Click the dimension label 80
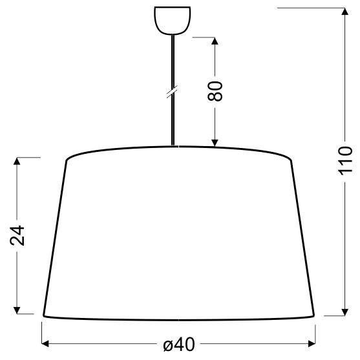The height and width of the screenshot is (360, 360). pos(216,90)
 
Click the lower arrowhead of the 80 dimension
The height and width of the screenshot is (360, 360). pos(216,143)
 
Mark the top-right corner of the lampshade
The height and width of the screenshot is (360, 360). pos(292,159)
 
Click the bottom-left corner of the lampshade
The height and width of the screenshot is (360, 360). pos(44,316)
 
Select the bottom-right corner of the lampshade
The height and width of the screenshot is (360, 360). pos(315,316)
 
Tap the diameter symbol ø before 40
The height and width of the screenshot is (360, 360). pos(167,346)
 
